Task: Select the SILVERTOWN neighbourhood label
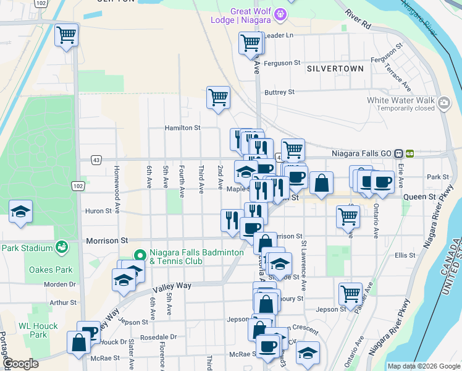coord(335,69)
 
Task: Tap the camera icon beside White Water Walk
coord(443,102)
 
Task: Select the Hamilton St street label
coord(182,128)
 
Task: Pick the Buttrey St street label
coord(279,92)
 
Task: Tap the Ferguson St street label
coord(282,63)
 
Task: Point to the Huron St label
coord(99,211)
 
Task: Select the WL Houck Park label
coord(38,330)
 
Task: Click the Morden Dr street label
coord(59,284)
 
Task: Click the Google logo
coord(22,364)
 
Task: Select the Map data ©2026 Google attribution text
coord(422,366)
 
